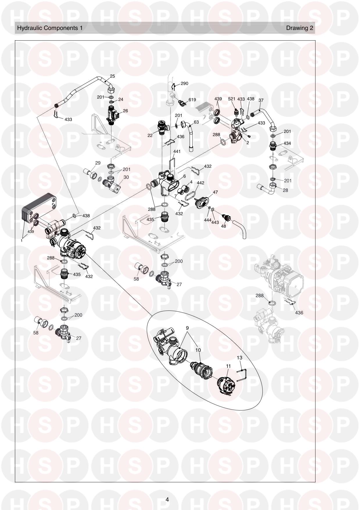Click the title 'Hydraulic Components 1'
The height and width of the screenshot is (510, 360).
50,28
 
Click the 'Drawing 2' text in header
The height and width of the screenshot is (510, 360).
300,28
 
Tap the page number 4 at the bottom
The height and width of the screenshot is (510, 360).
167,500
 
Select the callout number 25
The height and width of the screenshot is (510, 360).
112,76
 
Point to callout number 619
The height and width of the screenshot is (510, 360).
192,100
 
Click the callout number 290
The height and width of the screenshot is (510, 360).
184,83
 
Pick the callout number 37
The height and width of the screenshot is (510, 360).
261,100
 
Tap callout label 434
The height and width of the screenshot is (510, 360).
287,143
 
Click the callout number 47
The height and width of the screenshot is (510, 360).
215,192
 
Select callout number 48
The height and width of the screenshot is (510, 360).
223,226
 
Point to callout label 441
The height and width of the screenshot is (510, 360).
177,151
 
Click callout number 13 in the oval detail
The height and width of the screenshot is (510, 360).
239,358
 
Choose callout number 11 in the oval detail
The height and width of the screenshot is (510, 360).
228,366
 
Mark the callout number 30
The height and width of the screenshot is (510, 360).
126,177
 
